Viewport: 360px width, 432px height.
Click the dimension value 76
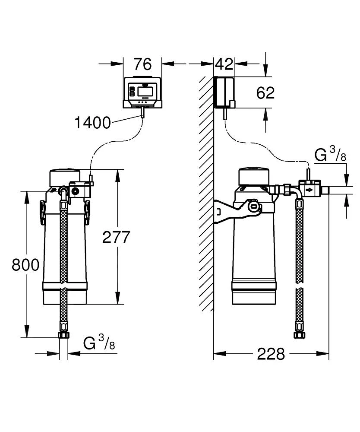(x=142, y=64)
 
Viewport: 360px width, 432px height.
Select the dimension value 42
(x=224, y=64)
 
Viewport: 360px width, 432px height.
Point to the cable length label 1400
(x=92, y=123)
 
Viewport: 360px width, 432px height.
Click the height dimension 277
(x=116, y=237)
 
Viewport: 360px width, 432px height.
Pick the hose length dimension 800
(x=25, y=264)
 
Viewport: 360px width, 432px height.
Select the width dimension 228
(x=271, y=354)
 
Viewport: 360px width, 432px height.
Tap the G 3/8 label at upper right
(x=330, y=155)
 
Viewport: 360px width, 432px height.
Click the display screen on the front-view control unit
(x=145, y=92)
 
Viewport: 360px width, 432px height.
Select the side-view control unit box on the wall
(x=224, y=92)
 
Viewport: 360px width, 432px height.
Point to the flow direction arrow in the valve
(x=309, y=190)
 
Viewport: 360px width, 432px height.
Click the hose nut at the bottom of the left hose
(x=63, y=335)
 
